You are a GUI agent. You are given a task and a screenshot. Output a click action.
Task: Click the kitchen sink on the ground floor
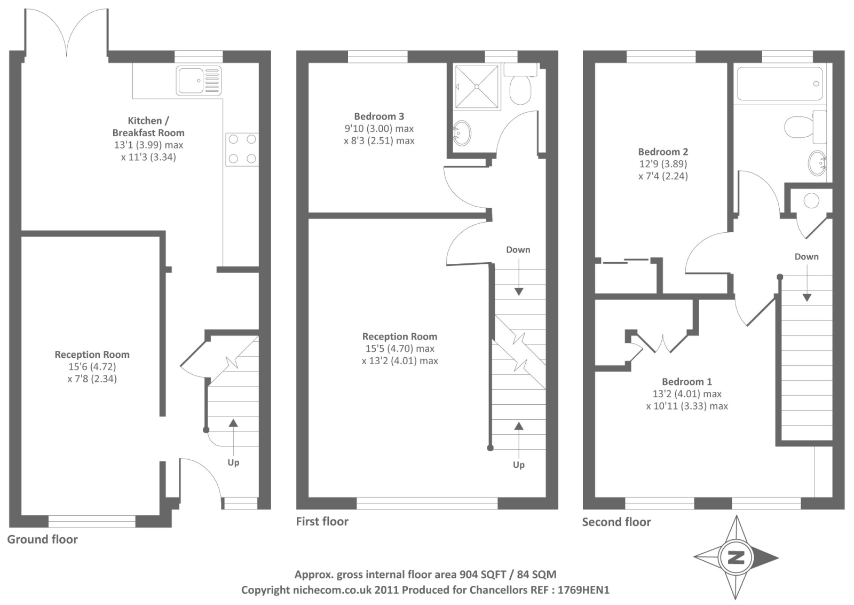point(199,81)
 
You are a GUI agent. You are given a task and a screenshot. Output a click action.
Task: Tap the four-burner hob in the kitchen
point(242,149)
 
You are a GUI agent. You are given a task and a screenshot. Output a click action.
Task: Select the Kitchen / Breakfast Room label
point(148,127)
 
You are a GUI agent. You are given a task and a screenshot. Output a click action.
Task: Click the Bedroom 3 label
point(379,116)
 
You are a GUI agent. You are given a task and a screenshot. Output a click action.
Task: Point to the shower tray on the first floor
point(477,87)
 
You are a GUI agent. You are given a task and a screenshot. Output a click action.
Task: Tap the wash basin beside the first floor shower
point(462,133)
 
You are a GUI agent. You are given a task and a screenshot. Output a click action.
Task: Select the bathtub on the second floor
point(780,83)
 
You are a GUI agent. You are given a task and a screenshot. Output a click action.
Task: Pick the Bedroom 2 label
point(663,152)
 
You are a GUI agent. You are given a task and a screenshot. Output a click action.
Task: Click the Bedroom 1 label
point(686,381)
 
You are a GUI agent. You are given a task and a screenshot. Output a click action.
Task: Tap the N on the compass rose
point(736,558)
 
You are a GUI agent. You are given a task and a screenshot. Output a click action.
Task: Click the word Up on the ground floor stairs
point(233,463)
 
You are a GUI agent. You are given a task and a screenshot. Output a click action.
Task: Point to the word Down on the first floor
point(518,250)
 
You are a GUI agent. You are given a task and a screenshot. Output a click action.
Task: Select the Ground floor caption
point(42,539)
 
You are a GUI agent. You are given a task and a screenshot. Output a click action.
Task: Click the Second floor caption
point(616,522)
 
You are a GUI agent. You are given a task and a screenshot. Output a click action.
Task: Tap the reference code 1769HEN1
point(583,590)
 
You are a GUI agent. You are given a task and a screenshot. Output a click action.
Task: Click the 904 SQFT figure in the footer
point(483,575)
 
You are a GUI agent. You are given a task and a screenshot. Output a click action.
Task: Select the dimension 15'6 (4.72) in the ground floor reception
point(92,367)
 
